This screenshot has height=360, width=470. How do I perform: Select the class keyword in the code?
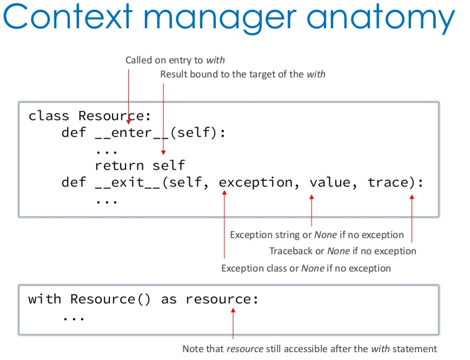point(49,116)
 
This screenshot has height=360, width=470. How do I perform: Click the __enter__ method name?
point(132,133)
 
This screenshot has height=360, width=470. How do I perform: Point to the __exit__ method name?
point(128,183)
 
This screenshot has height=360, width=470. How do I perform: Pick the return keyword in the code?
point(119,166)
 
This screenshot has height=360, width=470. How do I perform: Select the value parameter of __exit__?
point(330,183)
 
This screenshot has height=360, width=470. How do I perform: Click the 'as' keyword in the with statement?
point(169,299)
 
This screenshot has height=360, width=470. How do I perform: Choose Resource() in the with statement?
point(110,299)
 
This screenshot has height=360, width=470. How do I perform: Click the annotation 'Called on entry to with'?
point(175,60)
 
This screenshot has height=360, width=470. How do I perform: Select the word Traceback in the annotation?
point(291,251)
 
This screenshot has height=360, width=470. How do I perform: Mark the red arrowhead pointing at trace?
point(412,197)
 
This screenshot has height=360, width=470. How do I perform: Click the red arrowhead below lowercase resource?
point(233,311)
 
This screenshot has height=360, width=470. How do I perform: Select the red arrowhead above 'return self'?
point(163,152)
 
